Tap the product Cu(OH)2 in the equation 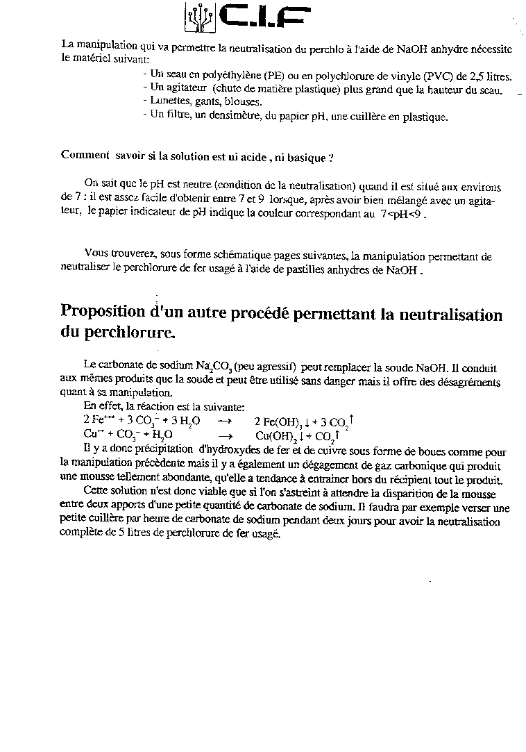point(276,436)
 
